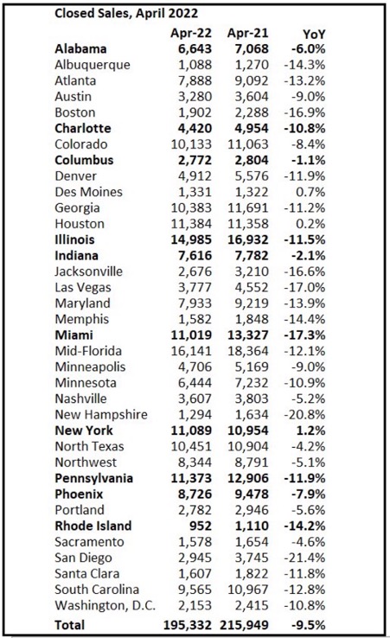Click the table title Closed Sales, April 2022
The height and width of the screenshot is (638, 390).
coord(126,14)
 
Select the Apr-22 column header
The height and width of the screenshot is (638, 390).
coord(191,33)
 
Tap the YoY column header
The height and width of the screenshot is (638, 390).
coord(314,35)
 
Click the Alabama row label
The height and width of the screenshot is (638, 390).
coord(80,48)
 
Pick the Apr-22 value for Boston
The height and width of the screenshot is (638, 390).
coord(195,112)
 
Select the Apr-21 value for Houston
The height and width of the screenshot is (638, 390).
coord(248,223)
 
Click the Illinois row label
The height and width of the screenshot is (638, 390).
coord(74,239)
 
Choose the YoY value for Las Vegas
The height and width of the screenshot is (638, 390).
coord(304,287)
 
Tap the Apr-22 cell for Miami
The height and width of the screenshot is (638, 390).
coord(191,335)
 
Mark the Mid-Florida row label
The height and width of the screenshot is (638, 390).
coord(88,351)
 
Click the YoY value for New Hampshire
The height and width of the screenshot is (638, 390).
coord(304,415)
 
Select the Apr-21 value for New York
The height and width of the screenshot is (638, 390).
coord(248,431)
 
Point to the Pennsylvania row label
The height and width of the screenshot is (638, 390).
coord(93,478)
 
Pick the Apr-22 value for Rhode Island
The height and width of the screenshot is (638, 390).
coord(200,526)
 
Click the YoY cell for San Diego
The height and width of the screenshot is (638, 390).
coord(304,558)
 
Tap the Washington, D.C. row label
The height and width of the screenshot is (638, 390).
coord(105,605)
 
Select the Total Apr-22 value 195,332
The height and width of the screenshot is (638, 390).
coord(188,625)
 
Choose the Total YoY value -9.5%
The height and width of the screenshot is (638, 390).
coord(308,625)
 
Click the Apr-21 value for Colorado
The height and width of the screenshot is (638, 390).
coord(248,144)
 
